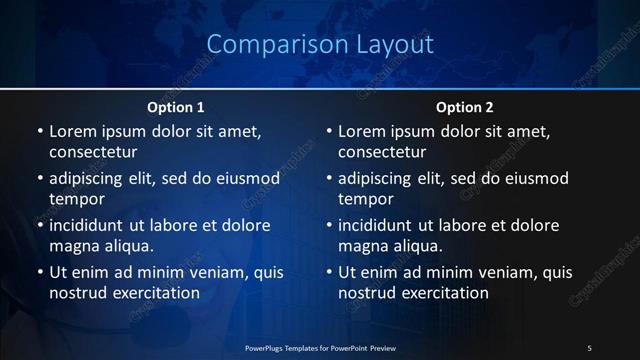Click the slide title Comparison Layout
[320, 45]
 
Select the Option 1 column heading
[176, 107]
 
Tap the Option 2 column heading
[465, 107]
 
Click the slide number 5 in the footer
[589, 347]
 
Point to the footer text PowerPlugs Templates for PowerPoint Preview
[320, 347]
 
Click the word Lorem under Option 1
[72, 131]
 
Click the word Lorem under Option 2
[361, 131]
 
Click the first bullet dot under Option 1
[40, 131]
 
